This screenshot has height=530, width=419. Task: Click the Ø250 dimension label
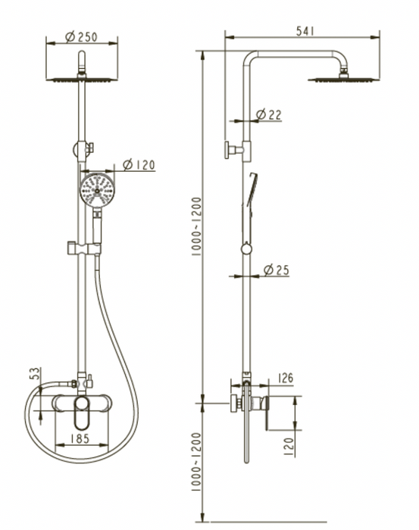(81, 36)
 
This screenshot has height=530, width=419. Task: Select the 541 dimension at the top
(305, 31)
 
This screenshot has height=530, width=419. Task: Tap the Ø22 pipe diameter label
(268, 115)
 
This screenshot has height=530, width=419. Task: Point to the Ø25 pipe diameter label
(277, 270)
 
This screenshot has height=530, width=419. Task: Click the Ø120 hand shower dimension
(139, 165)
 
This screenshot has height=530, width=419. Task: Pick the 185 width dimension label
(80, 438)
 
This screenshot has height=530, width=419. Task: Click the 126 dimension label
(285, 379)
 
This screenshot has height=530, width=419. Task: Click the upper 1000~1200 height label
(196, 226)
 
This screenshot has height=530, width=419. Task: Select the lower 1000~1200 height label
(196, 462)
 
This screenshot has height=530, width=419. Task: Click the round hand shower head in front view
(98, 190)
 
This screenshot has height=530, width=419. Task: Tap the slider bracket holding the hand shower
(85, 248)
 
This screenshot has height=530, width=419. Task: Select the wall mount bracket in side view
(238, 149)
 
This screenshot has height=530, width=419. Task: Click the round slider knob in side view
(246, 249)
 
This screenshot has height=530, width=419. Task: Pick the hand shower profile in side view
(249, 208)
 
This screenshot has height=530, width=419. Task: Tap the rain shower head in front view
(82, 79)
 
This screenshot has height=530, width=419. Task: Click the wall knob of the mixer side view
(236, 404)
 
